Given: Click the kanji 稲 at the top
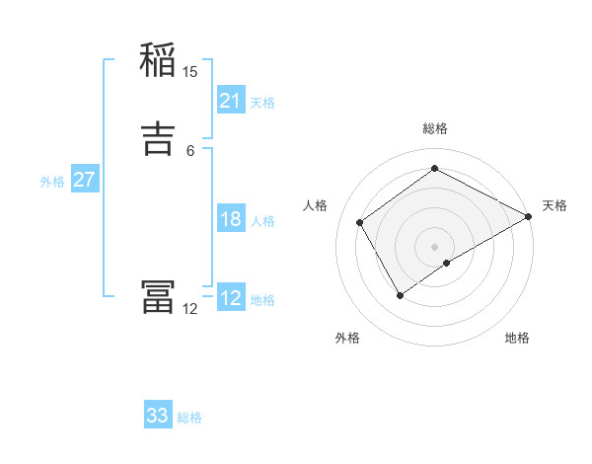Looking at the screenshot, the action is [x=158, y=62].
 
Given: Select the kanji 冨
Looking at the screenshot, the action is [x=158, y=297].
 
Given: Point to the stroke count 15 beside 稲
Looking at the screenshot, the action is [x=190, y=71].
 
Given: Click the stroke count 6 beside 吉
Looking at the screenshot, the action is [x=190, y=150].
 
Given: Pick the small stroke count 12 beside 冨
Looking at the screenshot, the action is [x=190, y=309].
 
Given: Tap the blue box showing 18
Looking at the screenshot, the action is [x=231, y=219].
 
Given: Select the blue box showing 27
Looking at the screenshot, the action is [x=84, y=180].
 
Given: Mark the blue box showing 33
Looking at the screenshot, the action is [x=158, y=416].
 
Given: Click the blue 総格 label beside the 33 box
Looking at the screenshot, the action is [x=189, y=418].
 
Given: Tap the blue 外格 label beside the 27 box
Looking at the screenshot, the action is [x=52, y=182].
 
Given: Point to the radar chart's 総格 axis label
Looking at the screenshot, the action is [x=434, y=128].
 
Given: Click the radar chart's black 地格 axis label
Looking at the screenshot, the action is [x=517, y=339].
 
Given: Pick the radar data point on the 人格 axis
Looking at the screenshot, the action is [x=360, y=222].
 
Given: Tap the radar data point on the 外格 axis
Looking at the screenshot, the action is [x=400, y=294].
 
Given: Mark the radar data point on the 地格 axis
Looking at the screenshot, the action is [x=447, y=263].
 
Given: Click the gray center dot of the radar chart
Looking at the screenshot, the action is [x=434, y=246].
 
